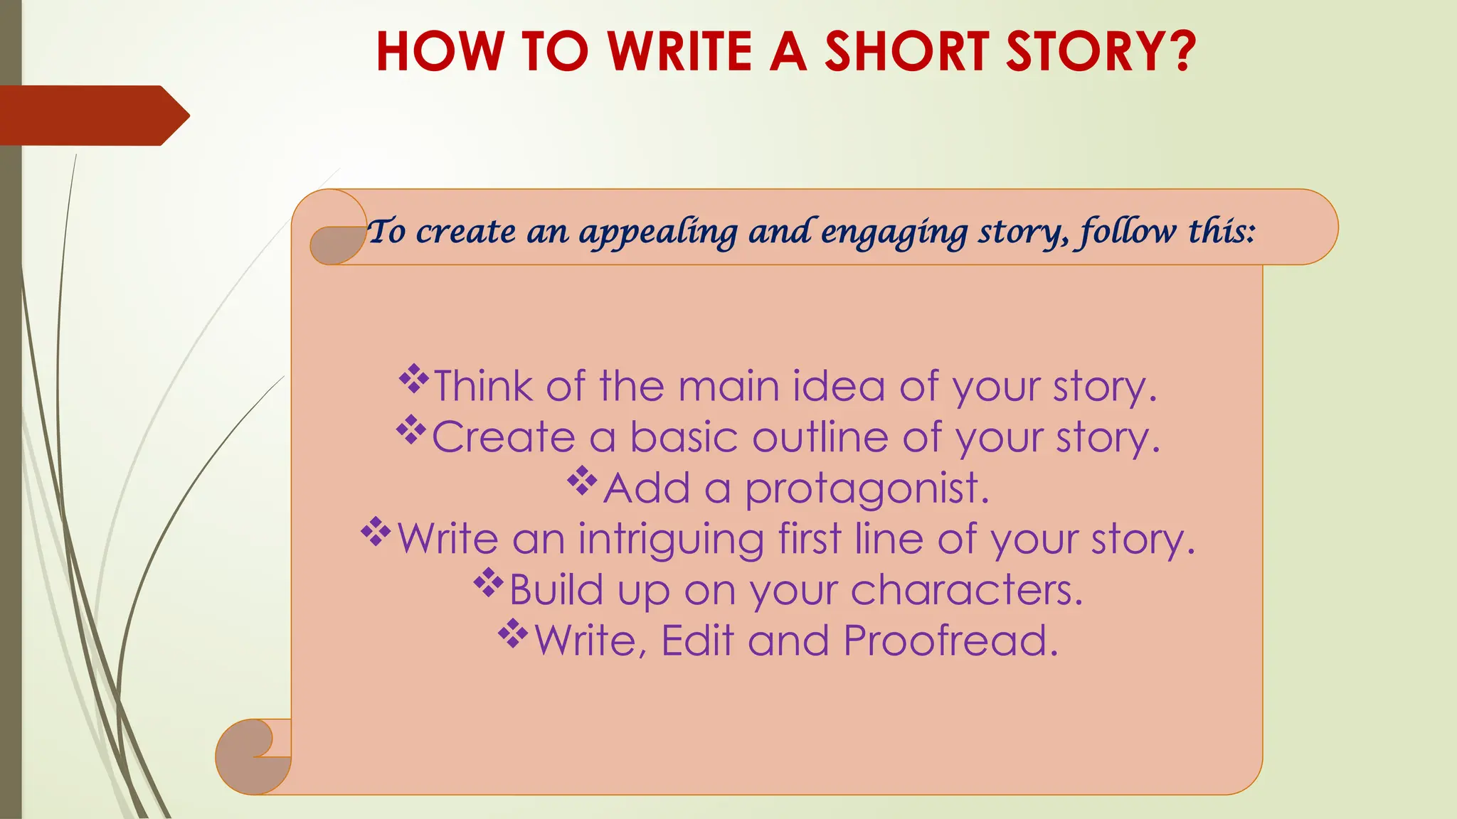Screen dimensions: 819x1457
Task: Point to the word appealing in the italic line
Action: (x=658, y=232)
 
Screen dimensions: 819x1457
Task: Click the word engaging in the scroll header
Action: (x=894, y=232)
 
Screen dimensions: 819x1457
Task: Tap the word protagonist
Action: (x=867, y=489)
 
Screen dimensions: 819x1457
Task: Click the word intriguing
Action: (x=670, y=539)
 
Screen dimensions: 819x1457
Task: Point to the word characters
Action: (x=966, y=590)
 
